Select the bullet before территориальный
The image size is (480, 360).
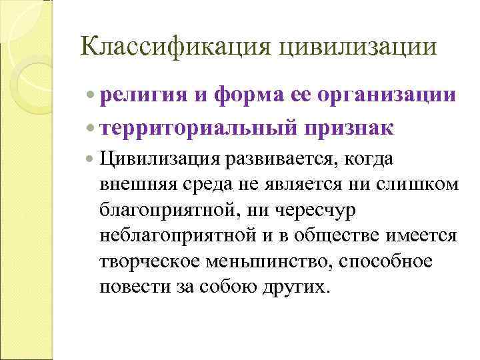(x=91, y=127)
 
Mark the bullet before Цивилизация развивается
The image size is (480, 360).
(x=91, y=160)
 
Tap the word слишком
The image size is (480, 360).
(x=424, y=185)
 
